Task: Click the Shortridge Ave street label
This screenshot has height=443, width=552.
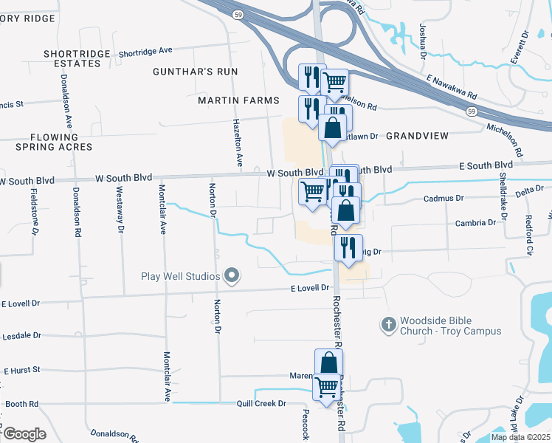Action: point(145,51)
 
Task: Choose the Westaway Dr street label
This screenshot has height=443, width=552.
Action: point(120,209)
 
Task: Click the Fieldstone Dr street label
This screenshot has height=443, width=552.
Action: point(35,212)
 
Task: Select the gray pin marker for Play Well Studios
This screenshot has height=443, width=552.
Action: point(232,277)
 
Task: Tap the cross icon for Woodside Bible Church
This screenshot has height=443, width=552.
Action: point(388,324)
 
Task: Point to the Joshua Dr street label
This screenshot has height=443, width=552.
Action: point(423,41)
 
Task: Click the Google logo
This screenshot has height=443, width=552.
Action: point(24,433)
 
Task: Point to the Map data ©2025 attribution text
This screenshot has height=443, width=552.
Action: point(520,437)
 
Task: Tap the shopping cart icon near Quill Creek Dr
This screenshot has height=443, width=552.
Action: point(326,386)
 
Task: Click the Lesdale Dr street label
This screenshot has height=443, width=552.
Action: point(21,335)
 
